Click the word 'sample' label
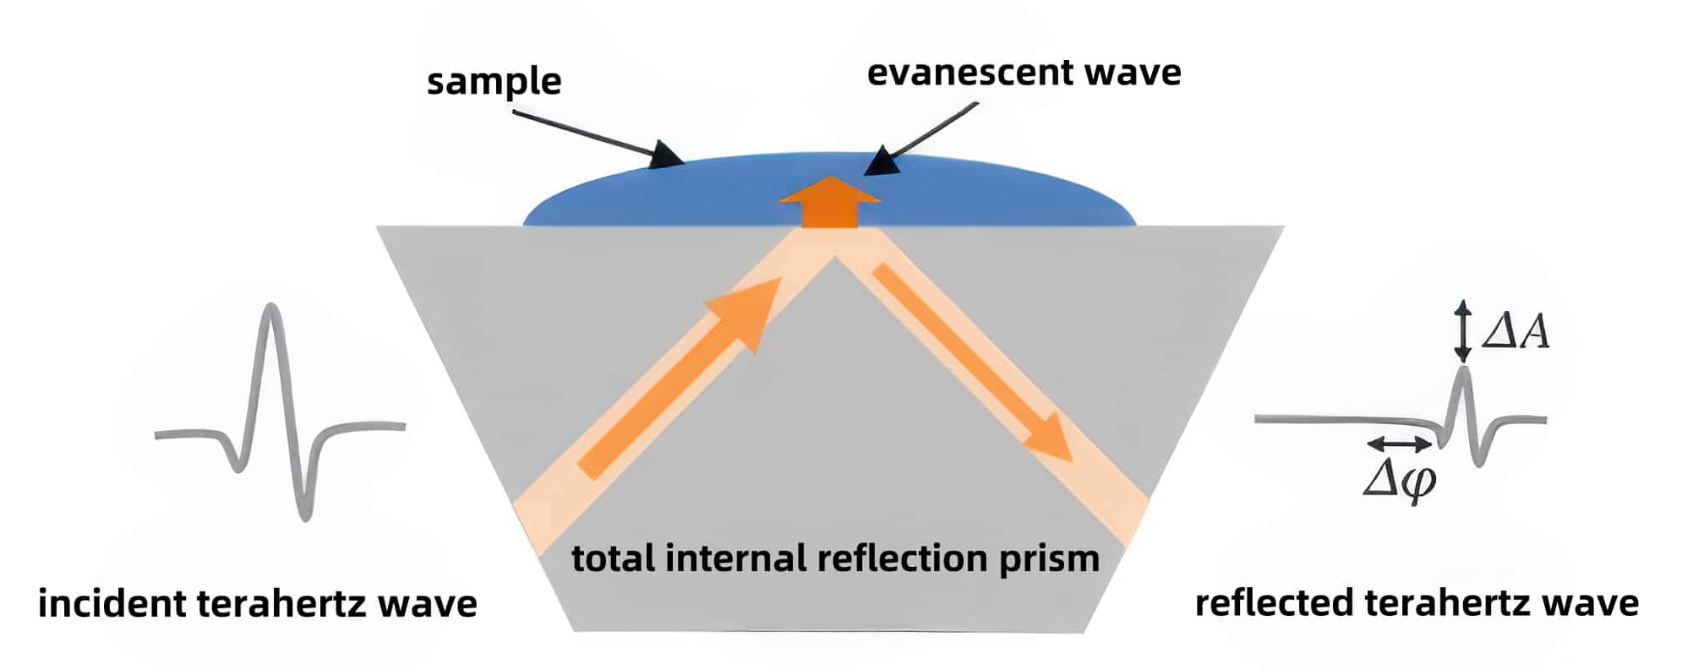coord(494,82)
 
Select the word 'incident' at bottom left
coord(111,603)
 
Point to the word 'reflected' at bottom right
coord(1274,603)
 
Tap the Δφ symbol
coord(1399,482)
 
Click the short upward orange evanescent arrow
coord(829,202)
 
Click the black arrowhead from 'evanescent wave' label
coord(880,161)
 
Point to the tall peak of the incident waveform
coord(270,309)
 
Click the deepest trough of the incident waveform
coord(304,514)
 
